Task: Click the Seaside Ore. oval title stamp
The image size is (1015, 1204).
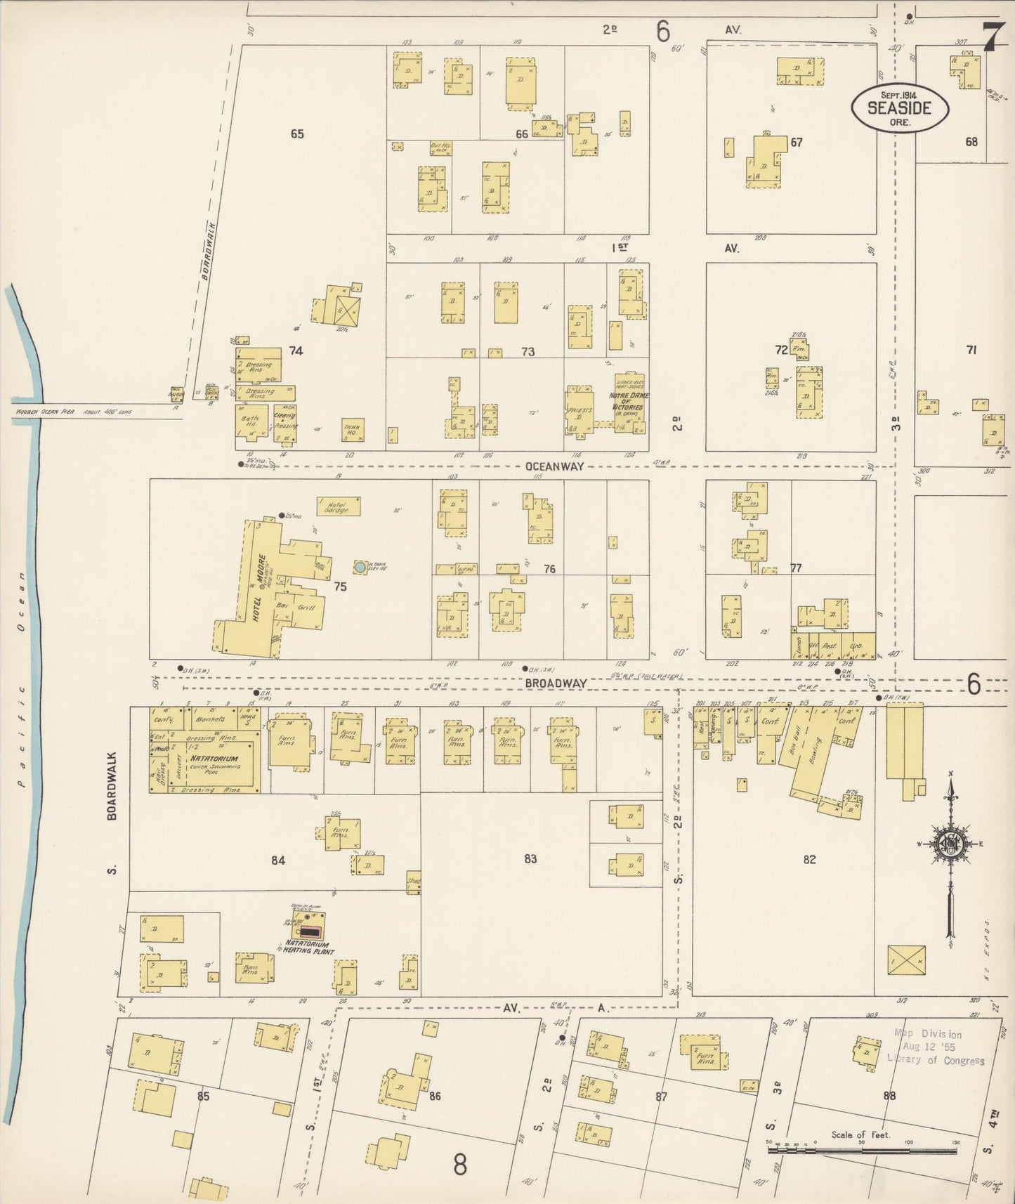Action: (900, 107)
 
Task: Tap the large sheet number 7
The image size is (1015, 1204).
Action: (992, 37)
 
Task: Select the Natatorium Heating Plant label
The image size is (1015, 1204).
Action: (308, 948)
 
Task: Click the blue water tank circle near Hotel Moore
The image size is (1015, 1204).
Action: (360, 566)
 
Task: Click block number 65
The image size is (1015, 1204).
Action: (297, 133)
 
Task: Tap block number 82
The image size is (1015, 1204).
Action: (809, 859)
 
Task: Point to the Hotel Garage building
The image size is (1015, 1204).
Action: (338, 506)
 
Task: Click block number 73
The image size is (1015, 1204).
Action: (528, 351)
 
